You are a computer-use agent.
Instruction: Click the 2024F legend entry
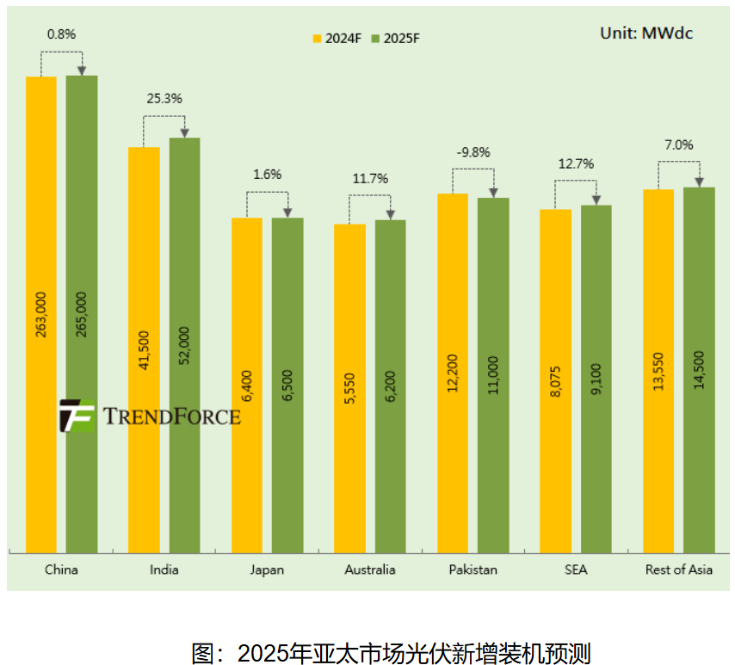[x=337, y=39]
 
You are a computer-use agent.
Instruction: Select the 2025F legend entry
[x=395, y=39]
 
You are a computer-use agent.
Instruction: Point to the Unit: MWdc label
[x=645, y=33]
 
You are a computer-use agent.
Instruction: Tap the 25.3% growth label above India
[x=164, y=98]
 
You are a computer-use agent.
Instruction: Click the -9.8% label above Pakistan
[x=473, y=152]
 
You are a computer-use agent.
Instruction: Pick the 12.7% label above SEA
[x=576, y=163]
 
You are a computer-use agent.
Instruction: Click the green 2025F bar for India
[x=184, y=344]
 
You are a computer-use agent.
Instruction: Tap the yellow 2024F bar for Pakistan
[x=453, y=370]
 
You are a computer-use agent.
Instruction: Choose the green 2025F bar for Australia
[x=390, y=387]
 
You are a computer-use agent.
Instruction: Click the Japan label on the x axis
[x=267, y=570]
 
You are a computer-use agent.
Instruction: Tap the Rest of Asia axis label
[x=679, y=570]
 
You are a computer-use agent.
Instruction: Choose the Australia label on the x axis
[x=370, y=570]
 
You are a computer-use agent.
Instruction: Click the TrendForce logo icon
[x=77, y=416]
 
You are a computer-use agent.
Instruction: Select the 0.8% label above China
[x=61, y=34]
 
